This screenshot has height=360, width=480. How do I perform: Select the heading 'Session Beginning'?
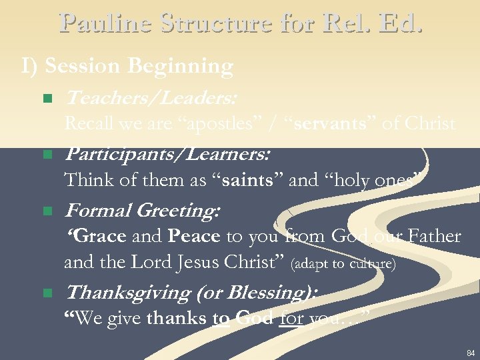(x=139, y=67)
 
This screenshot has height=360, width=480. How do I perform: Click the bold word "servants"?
(x=326, y=124)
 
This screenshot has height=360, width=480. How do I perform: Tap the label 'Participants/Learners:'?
(x=167, y=155)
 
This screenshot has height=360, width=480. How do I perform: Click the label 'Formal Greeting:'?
(x=141, y=211)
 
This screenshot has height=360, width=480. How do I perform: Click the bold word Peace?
(x=194, y=237)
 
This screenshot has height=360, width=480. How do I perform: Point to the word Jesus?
(x=197, y=263)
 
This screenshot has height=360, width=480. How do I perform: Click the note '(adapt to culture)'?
(x=344, y=265)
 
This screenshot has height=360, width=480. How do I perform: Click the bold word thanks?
(x=177, y=319)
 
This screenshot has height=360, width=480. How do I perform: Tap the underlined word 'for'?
(x=292, y=319)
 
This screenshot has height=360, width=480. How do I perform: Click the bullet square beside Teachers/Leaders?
(x=47, y=99)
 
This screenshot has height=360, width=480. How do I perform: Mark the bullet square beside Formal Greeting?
(x=47, y=211)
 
